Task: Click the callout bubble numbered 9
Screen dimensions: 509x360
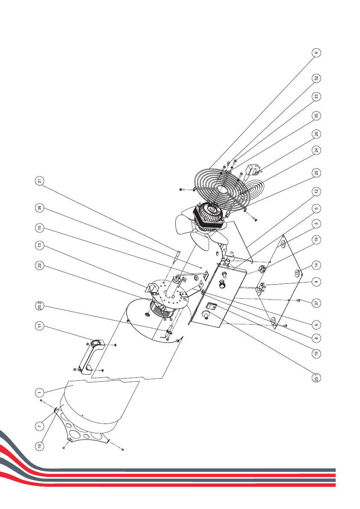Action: point(316,53)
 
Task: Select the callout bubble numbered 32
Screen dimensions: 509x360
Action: point(316,79)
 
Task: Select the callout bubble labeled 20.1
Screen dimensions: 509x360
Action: point(316,378)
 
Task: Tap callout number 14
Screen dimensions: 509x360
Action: point(316,265)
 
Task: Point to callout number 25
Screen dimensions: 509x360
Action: point(316,173)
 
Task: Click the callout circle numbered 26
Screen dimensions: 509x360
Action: point(316,134)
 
